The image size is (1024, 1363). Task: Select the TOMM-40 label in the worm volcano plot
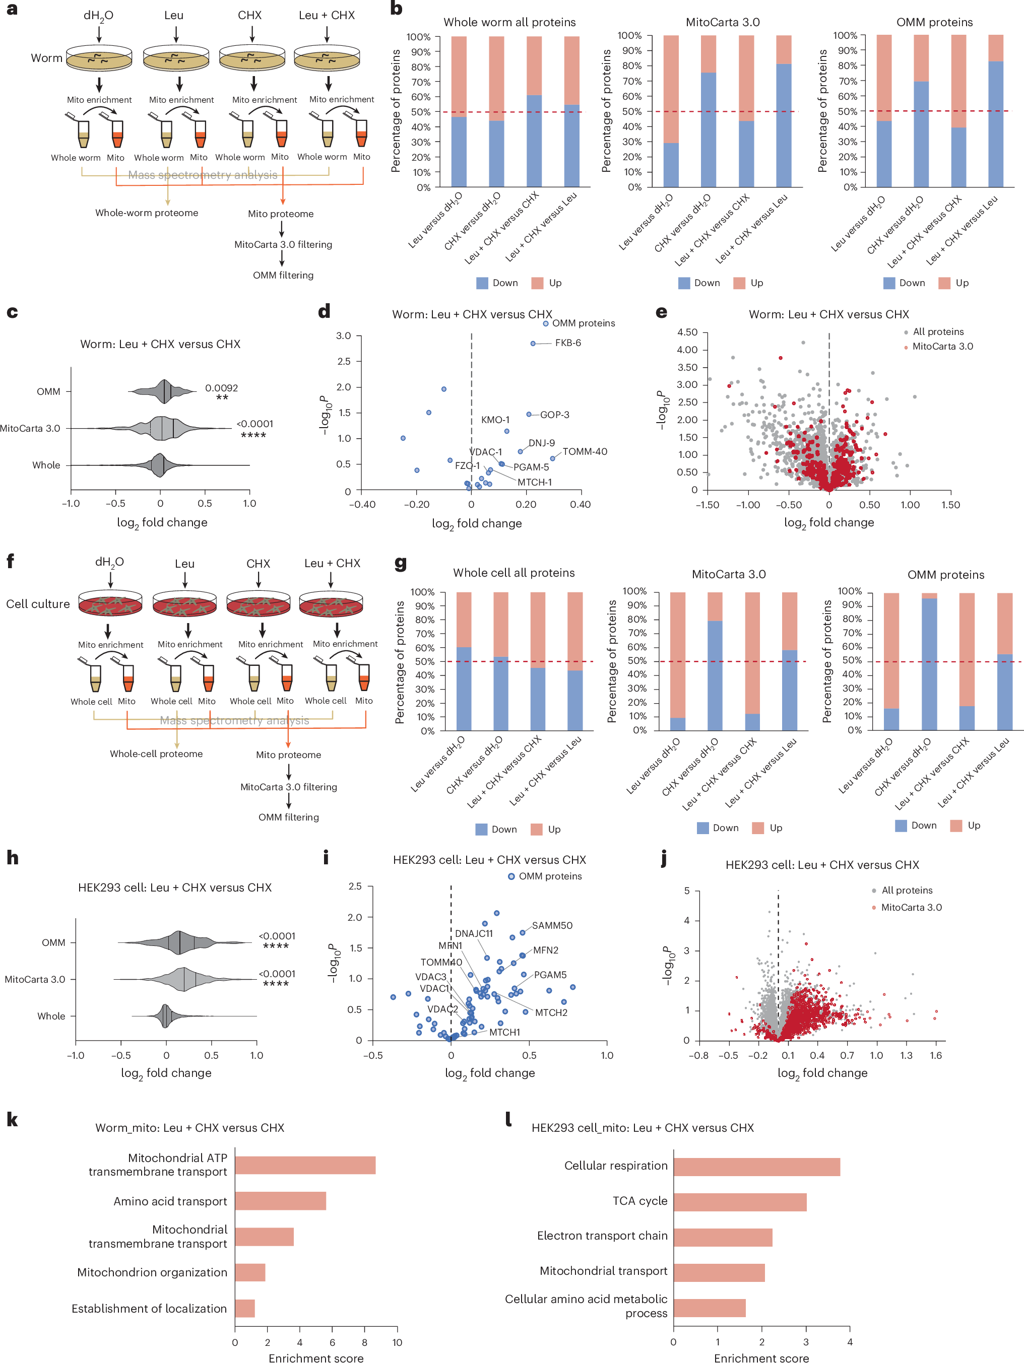click(585, 452)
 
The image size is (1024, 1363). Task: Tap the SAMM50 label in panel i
click(552, 925)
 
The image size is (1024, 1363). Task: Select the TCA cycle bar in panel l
click(739, 1201)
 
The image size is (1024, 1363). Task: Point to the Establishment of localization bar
click(245, 1309)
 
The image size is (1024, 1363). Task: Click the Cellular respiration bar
click(756, 1166)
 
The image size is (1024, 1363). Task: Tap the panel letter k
click(12, 1120)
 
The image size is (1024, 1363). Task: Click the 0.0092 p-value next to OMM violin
click(221, 387)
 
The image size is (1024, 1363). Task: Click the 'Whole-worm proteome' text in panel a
click(147, 213)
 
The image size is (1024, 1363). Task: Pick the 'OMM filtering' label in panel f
click(289, 817)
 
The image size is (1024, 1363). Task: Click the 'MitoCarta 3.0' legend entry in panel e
click(942, 347)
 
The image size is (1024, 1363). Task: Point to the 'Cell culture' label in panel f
click(38, 604)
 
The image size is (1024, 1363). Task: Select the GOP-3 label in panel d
click(554, 415)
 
